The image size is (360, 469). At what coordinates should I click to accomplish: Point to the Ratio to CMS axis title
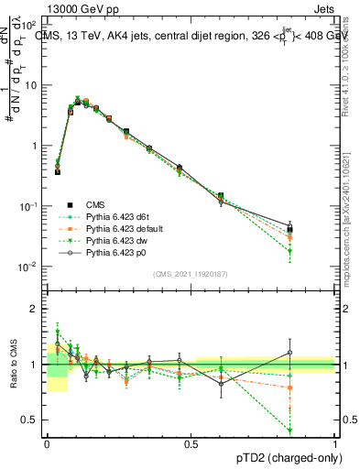[x=12, y=365]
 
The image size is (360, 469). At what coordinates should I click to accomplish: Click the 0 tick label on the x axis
[x=48, y=443]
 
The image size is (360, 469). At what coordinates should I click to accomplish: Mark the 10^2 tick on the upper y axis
[x=28, y=25]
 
